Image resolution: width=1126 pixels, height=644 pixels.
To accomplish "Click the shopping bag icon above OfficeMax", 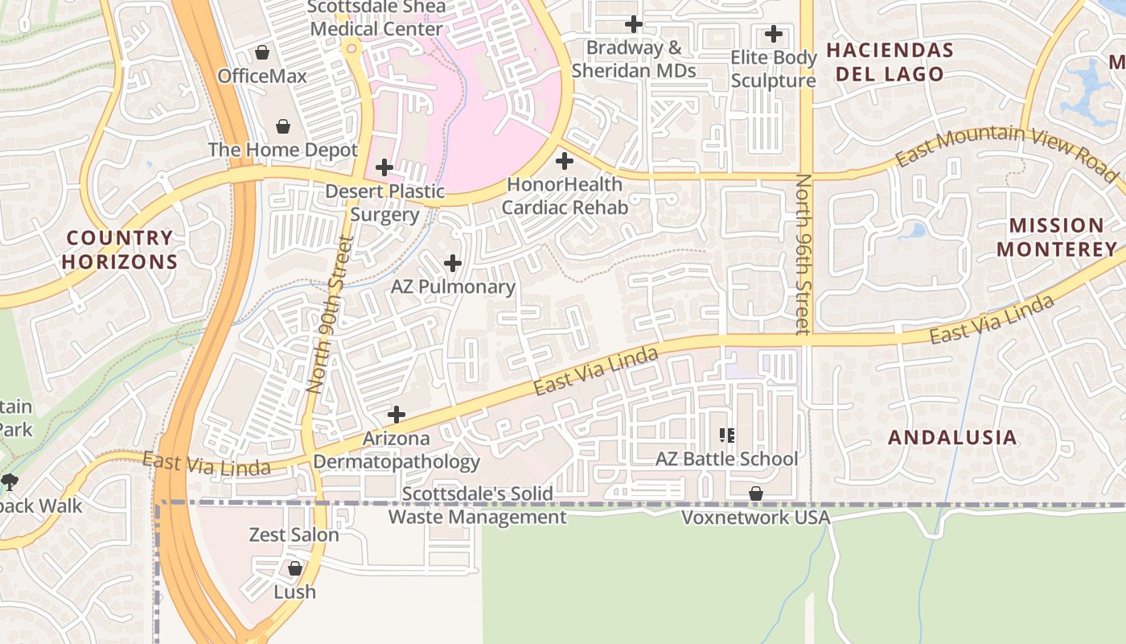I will coord(262,53).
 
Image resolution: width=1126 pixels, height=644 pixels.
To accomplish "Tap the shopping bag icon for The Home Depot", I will coord(283,126).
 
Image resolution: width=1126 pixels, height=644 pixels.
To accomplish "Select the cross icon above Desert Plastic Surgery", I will coord(384,167).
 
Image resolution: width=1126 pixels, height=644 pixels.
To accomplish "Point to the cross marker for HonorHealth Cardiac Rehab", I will coord(565,160).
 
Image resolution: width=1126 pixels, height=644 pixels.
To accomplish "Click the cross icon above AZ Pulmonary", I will coord(453,263).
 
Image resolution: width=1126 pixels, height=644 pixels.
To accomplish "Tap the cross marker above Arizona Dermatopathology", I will coord(396,415).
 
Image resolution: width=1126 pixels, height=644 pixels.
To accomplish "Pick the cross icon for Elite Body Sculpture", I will coord(773,34).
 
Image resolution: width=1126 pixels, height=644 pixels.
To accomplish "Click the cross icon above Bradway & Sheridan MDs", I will coord(634,24).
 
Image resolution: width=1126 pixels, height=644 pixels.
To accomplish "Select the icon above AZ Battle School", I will coord(727,436).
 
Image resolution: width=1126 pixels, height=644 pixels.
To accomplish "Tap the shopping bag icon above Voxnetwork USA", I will coord(756,493).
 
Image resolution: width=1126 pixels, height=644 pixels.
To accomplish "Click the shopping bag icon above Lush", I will coord(295,568).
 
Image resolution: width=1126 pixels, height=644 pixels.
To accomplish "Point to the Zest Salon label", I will coord(294,535).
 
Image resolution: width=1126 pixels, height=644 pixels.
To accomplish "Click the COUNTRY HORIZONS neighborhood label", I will coord(120,250).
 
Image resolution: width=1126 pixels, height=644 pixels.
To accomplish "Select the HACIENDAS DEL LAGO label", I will coord(890,62).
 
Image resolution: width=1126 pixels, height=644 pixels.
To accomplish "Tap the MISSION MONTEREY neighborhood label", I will coord(1057,237).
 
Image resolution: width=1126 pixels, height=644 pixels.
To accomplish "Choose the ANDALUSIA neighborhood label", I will coord(952,438).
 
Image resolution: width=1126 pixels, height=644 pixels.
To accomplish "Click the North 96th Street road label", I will coord(802,254).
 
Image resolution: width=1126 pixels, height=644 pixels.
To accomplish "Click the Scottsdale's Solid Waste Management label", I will coord(478,506).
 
